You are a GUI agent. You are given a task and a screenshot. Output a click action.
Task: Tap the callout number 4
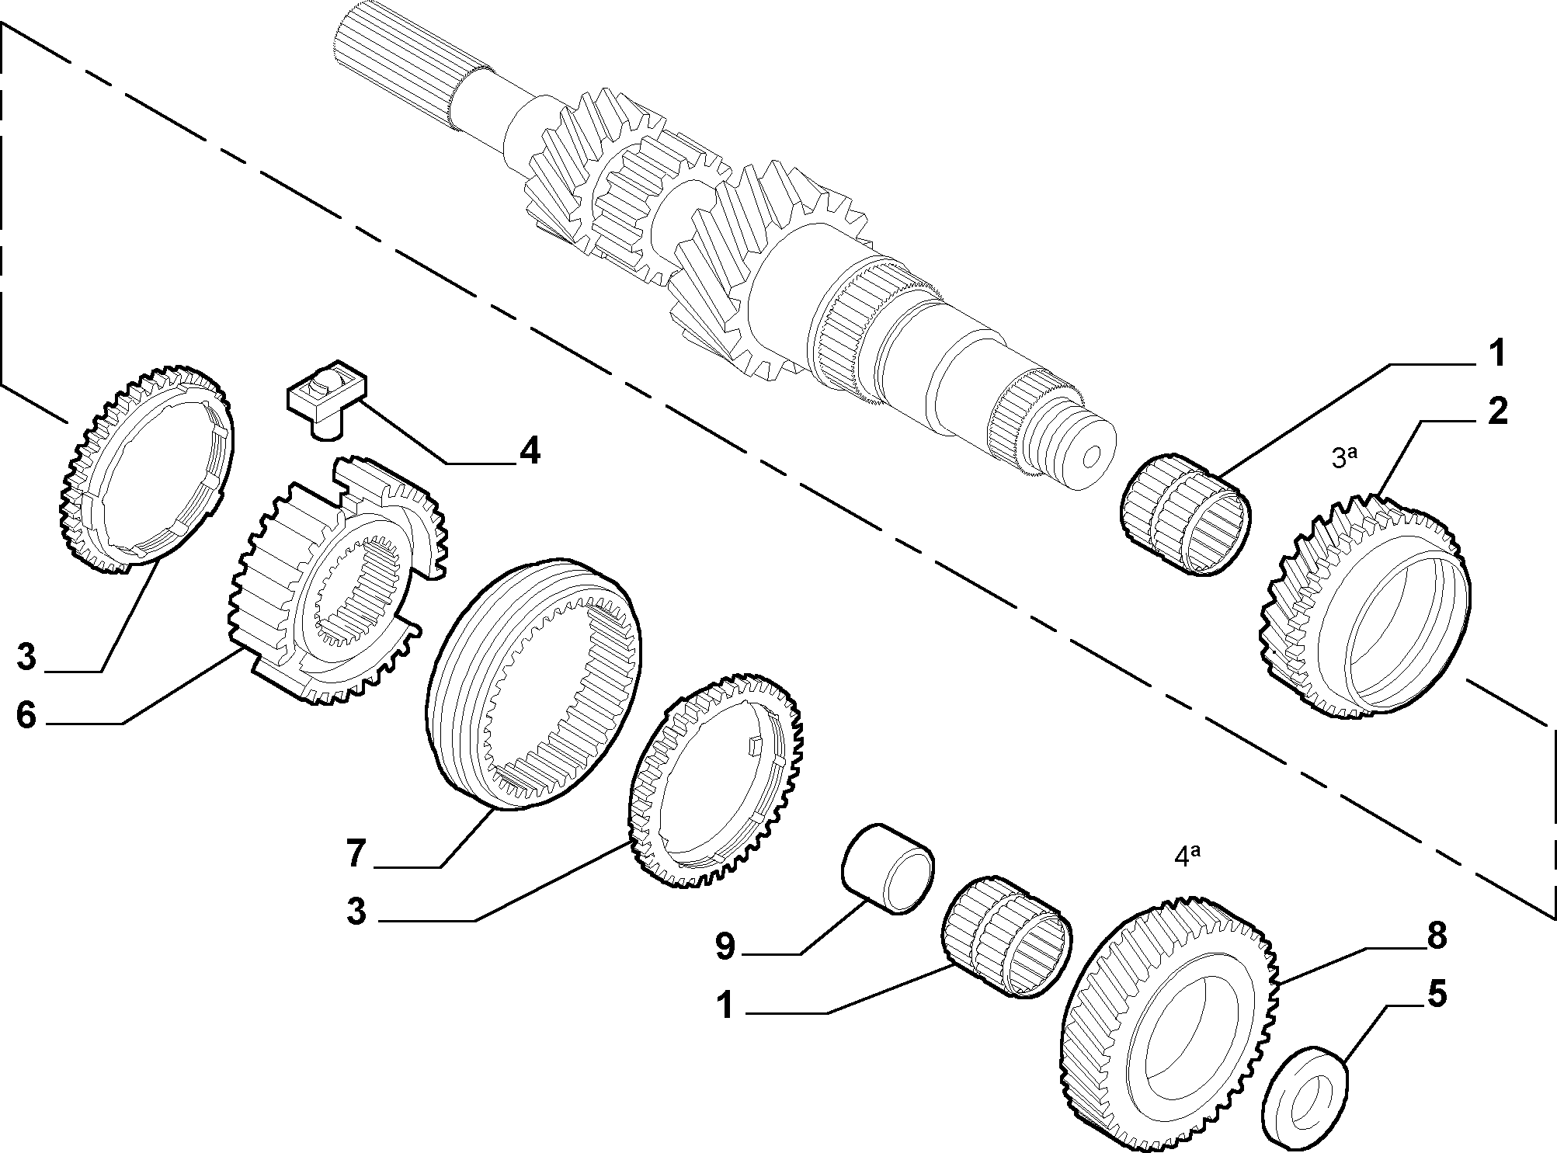[530, 451]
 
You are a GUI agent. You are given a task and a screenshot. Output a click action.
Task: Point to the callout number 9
[725, 946]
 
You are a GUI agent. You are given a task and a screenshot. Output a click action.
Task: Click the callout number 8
[1437, 936]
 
